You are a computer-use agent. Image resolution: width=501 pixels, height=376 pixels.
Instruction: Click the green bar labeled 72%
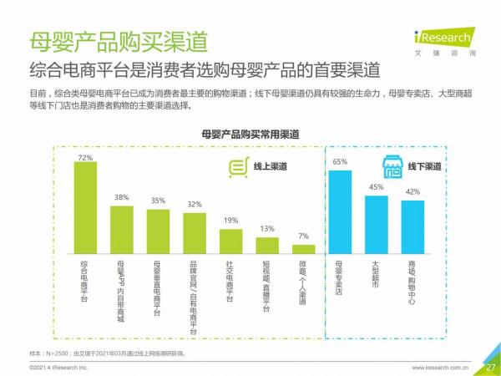click(x=84, y=207)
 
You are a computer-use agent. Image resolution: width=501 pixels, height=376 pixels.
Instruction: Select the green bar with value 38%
click(x=121, y=228)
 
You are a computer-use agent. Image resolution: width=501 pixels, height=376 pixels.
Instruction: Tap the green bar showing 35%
click(x=158, y=231)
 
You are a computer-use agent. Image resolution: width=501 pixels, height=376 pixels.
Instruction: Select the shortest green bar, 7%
click(x=303, y=248)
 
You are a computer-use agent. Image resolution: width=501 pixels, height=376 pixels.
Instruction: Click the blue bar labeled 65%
click(x=340, y=211)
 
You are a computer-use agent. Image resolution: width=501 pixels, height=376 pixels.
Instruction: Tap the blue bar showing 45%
click(x=377, y=224)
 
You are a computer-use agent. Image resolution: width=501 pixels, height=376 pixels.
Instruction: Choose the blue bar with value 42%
click(x=412, y=226)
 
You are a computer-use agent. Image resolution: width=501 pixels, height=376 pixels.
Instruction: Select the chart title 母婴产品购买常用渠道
click(x=250, y=133)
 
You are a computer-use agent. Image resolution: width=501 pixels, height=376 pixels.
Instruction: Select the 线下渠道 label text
click(x=425, y=167)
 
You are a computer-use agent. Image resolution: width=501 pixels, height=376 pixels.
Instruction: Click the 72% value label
click(x=84, y=156)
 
